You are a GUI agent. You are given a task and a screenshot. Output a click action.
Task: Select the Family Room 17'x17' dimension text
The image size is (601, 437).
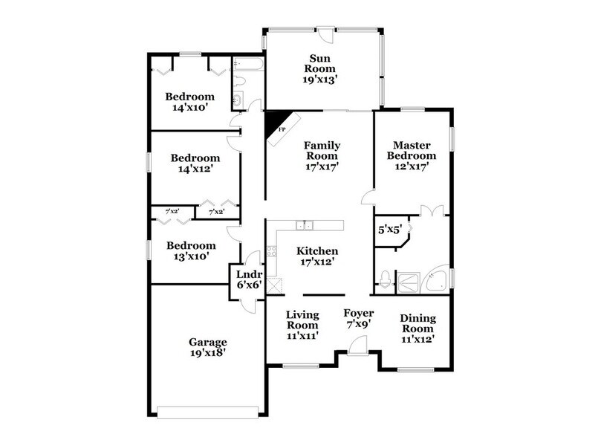tap(321, 167)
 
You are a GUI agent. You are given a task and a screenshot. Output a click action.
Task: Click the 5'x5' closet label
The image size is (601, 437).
tap(389, 230)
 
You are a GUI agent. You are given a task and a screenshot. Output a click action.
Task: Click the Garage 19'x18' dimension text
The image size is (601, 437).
tap(207, 353)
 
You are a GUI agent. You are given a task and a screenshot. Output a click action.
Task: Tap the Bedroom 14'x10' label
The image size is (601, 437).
tap(189, 102)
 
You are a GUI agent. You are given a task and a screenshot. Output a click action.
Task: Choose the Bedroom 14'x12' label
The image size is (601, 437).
tap(195, 164)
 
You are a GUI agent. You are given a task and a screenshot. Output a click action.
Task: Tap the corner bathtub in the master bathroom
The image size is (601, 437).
tap(436, 279)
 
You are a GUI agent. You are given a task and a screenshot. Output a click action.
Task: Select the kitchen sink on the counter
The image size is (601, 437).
tap(305, 224)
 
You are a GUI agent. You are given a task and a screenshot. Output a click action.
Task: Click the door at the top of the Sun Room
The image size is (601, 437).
tap(325, 33)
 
